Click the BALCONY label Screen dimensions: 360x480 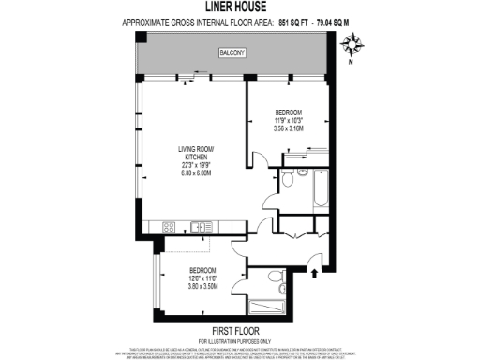[232, 53]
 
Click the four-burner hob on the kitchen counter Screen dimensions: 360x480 [170, 226]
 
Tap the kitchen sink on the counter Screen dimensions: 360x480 [202, 226]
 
